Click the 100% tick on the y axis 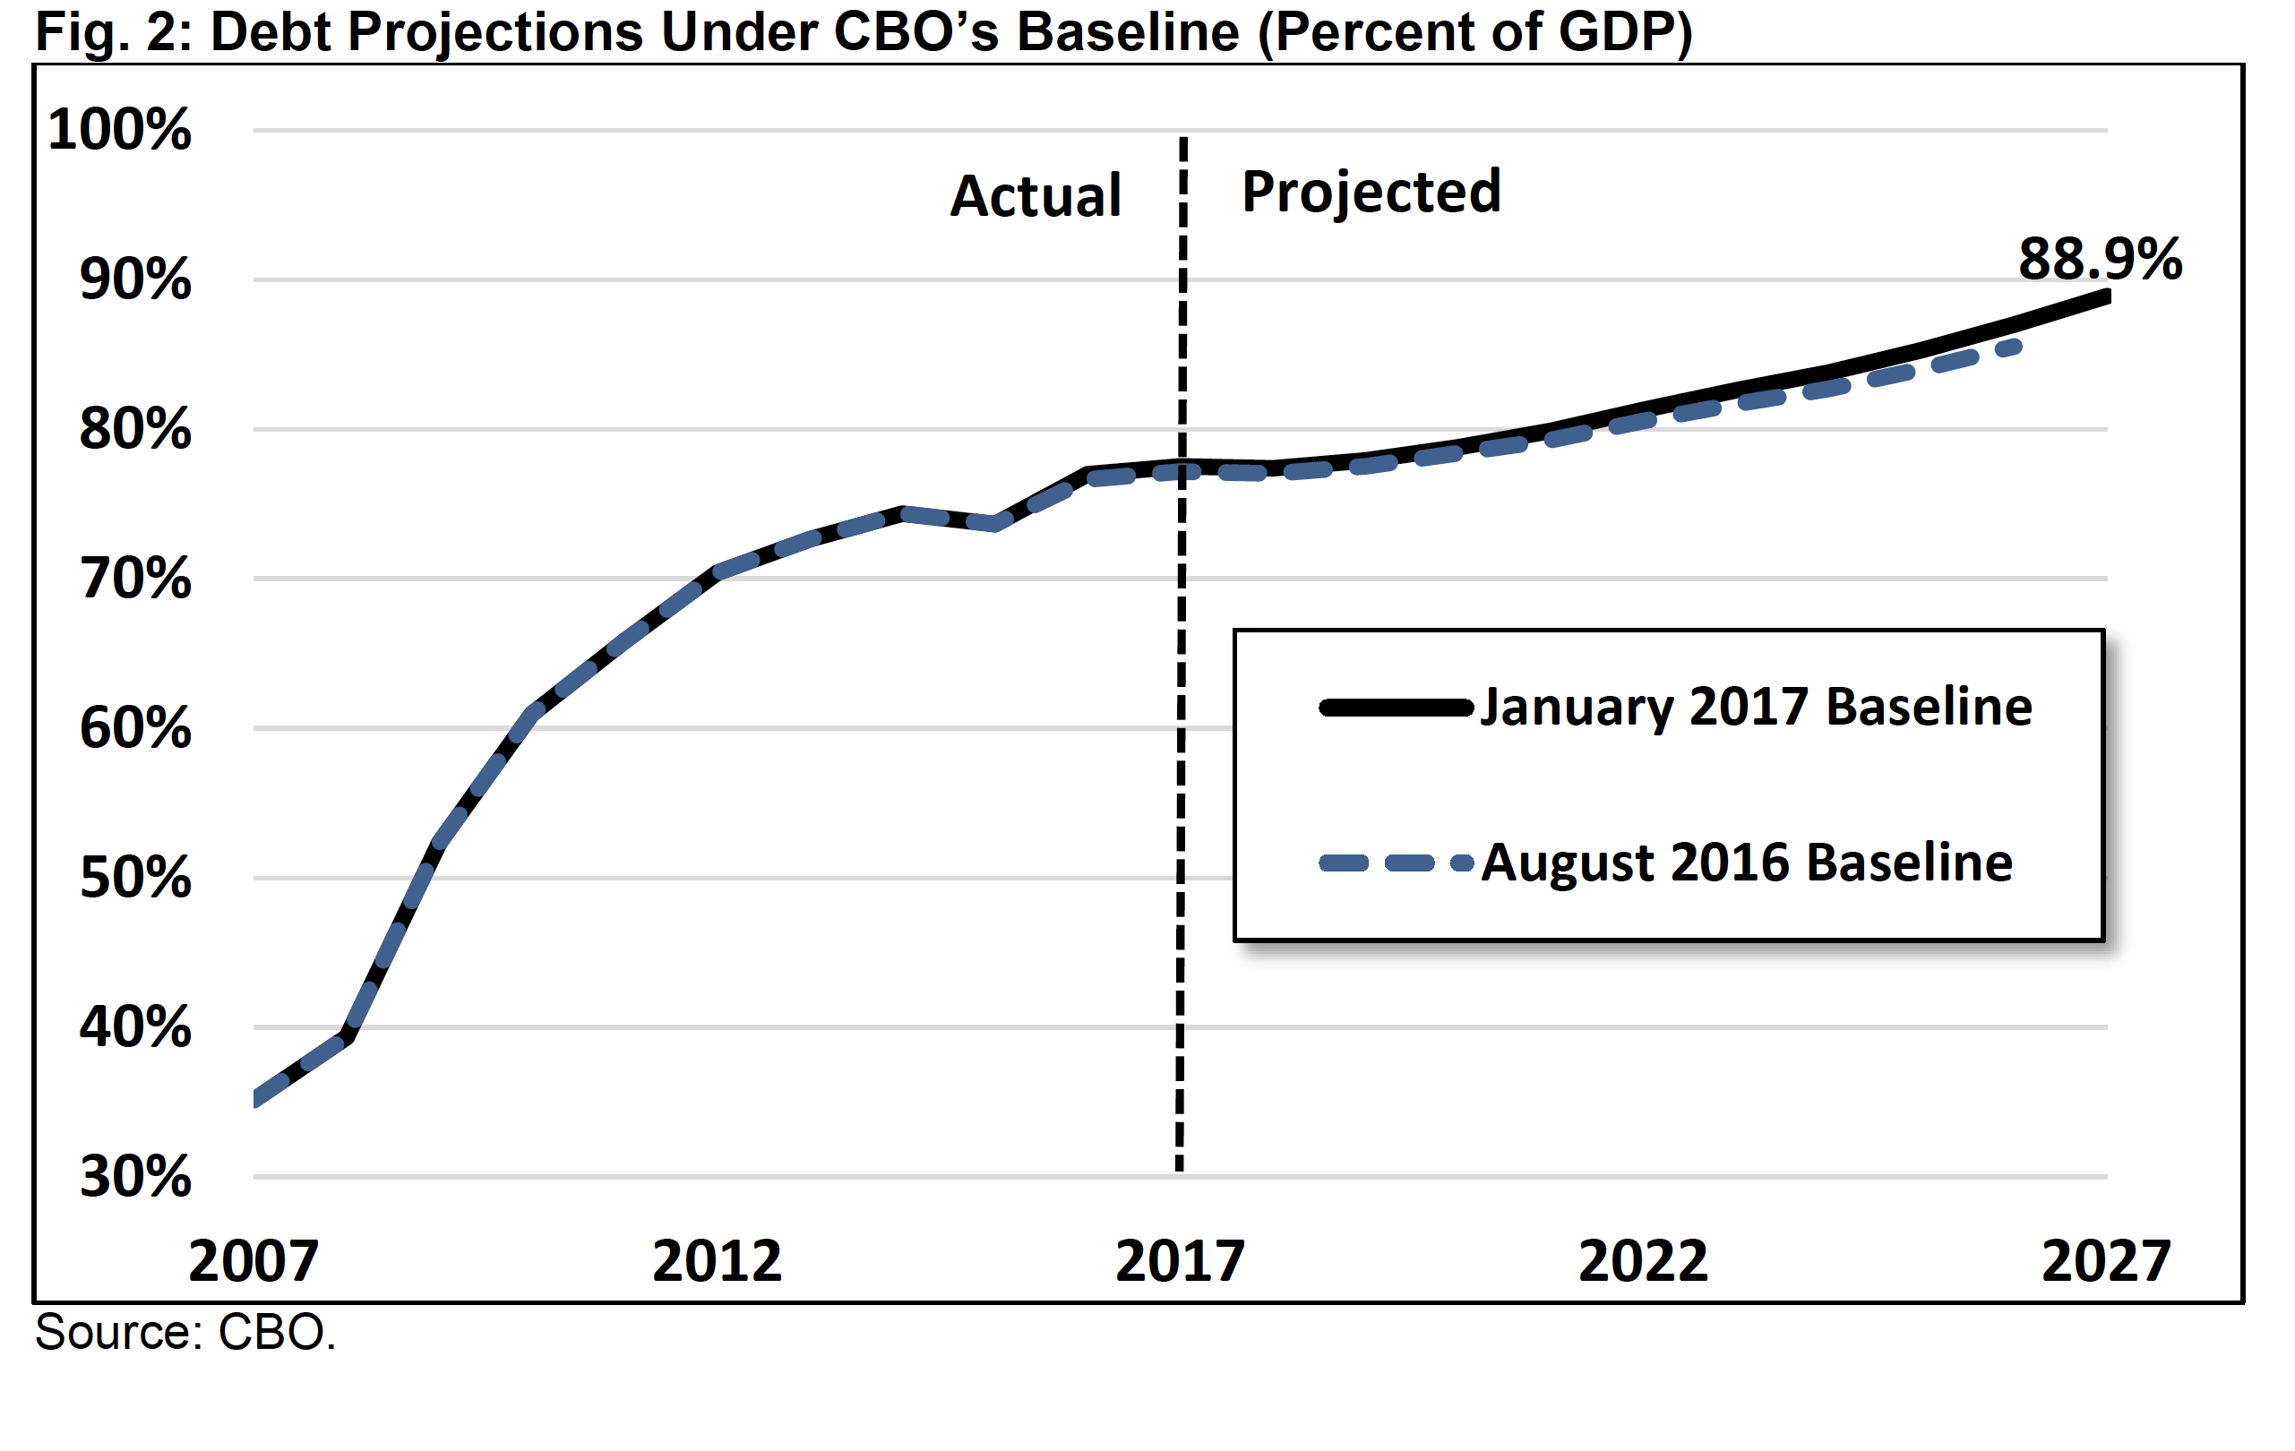119,130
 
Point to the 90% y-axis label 135,280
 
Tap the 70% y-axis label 135,580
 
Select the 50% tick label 135,879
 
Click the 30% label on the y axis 135,1178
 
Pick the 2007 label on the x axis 254,1261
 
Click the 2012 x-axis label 717,1261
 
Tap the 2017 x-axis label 1180,1261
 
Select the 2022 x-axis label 1643,1261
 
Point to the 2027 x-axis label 2106,1261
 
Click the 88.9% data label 2101,258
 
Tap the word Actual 1036,196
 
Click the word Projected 1371,193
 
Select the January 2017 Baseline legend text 1757,707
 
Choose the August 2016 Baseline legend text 1747,863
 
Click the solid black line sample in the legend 1397,708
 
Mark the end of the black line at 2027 2107,297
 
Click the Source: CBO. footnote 185,1333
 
